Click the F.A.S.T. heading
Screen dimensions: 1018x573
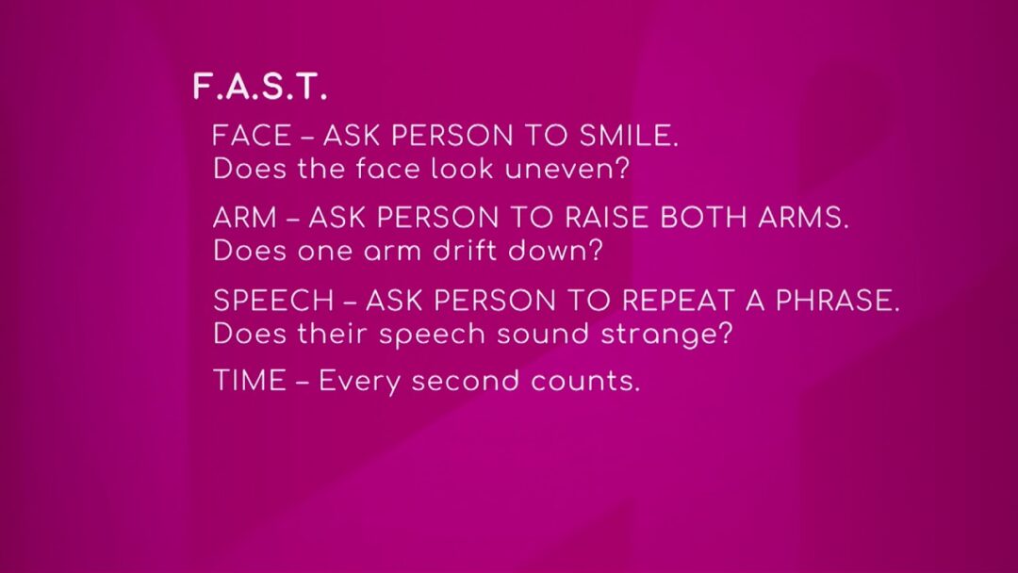tap(260, 87)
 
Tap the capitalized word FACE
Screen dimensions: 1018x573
tap(252, 137)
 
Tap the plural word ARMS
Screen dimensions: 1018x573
tap(803, 218)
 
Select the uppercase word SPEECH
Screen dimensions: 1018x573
tap(273, 301)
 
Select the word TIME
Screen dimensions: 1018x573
tap(249, 381)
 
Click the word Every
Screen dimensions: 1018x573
tap(360, 383)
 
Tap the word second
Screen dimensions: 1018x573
tap(466, 381)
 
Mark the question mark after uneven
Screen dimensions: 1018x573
tap(622, 169)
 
